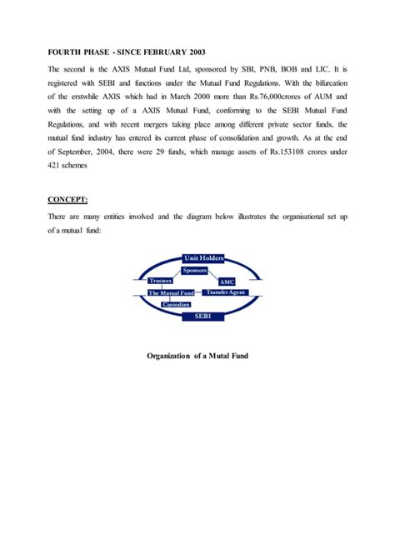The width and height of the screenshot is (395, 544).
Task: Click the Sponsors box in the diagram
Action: [194, 272]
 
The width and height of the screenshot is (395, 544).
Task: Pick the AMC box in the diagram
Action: [227, 282]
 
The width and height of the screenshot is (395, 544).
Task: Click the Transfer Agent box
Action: [227, 293]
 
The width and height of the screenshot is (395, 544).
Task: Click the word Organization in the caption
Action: [170, 357]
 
